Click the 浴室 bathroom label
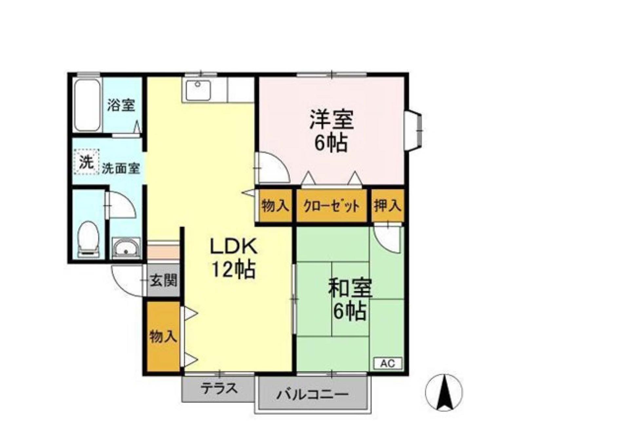coord(121,105)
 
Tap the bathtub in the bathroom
coord(87,105)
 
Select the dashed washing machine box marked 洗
coord(86,161)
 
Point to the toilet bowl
coord(88,238)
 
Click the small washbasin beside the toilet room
coord(126,247)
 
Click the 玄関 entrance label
coord(163,280)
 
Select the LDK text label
coord(234,247)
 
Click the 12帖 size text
coord(234,270)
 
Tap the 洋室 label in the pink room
coord(332,119)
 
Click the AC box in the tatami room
coord(388,364)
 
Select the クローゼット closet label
coord(332,206)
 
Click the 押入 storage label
coord(388,205)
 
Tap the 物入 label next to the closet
coord(275,206)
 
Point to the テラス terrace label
coord(219,388)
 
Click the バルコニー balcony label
coord(312,395)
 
